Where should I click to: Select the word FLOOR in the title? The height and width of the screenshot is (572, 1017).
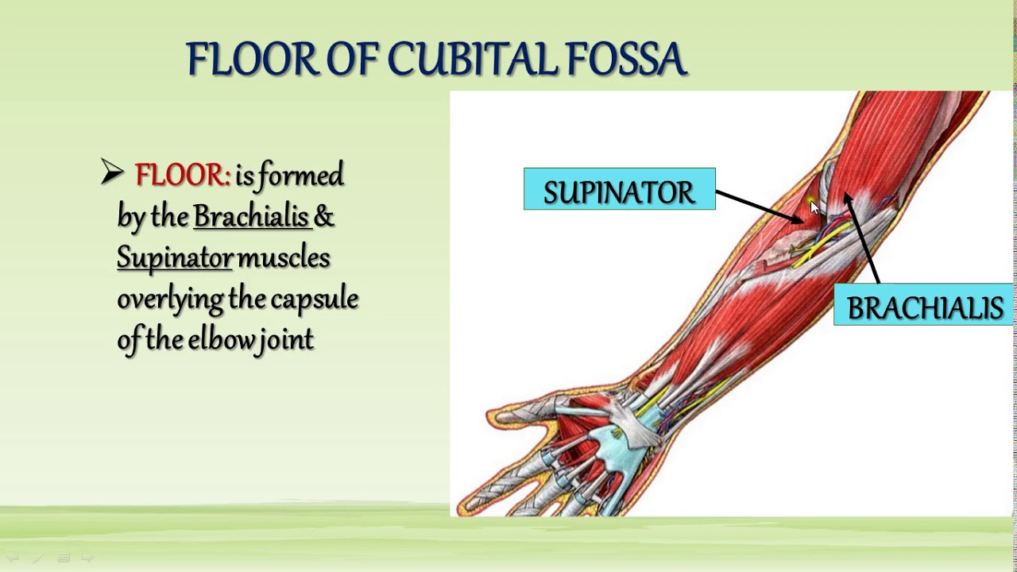click(x=253, y=60)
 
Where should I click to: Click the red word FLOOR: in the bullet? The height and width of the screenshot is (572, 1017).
click(x=182, y=175)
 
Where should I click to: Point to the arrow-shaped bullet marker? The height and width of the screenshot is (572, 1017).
click(x=112, y=172)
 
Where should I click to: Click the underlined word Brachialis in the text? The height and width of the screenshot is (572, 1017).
click(x=251, y=217)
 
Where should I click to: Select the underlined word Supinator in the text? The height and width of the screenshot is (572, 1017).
click(x=175, y=258)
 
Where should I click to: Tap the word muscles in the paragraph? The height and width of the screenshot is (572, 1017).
click(x=284, y=257)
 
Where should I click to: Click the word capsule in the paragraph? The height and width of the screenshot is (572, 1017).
click(x=315, y=300)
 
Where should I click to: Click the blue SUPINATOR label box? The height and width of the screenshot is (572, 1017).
click(x=619, y=190)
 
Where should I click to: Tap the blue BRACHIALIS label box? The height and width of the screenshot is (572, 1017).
click(x=924, y=306)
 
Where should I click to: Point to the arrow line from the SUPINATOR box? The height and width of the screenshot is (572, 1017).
click(x=759, y=206)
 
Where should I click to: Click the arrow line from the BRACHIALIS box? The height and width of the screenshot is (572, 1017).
click(x=862, y=238)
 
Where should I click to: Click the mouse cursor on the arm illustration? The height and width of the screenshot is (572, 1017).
click(x=814, y=207)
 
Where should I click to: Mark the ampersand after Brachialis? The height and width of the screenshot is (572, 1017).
click(x=324, y=217)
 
